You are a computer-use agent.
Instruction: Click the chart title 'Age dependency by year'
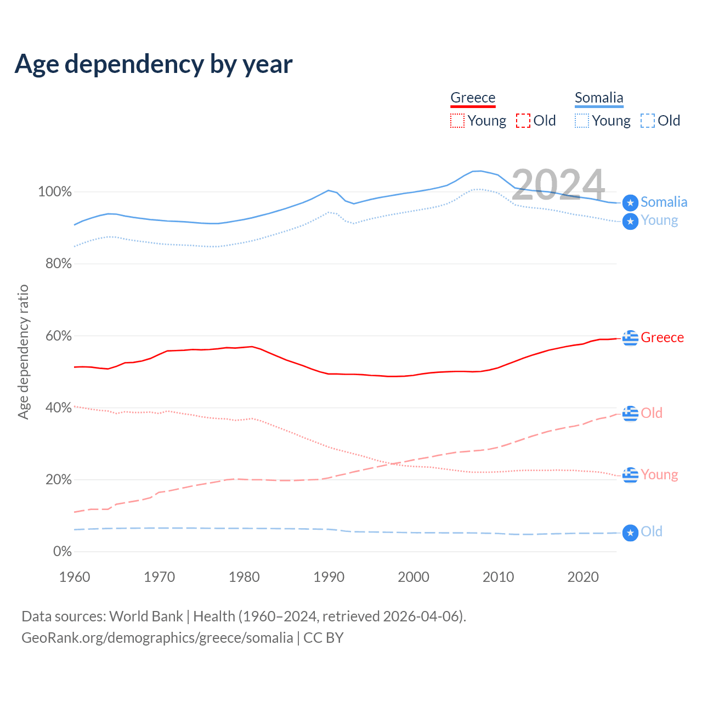[154, 64]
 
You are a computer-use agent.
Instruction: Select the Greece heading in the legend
[473, 98]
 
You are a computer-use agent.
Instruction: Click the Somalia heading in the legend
[599, 98]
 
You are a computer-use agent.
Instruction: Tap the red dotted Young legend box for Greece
[457, 121]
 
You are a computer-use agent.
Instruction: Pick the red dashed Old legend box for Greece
[523, 121]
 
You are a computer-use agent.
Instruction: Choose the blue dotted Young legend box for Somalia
[582, 121]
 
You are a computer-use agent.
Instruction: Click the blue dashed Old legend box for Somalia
[648, 121]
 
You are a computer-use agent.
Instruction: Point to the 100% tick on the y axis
[55, 192]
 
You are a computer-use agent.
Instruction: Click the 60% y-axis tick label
[58, 336]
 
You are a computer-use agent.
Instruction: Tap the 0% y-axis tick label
[62, 551]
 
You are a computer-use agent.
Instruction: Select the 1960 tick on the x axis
[75, 577]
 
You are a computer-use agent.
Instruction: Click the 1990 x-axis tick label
[329, 577]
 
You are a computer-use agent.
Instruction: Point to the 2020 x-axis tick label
[583, 577]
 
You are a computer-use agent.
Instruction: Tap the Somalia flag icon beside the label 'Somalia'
[631, 203]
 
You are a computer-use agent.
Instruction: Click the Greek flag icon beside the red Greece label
[631, 338]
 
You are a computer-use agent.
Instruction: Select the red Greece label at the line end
[662, 337]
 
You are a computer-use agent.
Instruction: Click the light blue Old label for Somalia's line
[652, 531]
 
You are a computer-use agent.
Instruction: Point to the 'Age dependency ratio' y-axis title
[23, 352]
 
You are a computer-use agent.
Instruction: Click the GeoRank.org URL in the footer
[157, 638]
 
